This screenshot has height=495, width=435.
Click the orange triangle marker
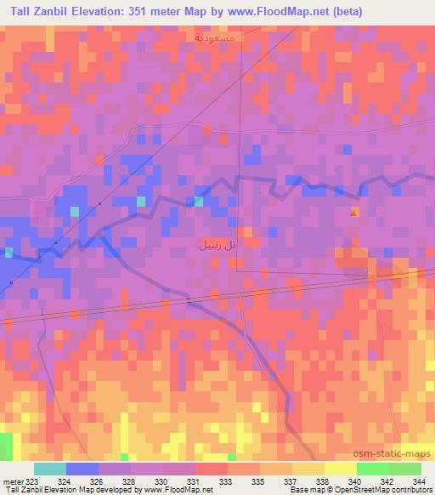354,213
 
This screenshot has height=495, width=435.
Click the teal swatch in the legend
50,469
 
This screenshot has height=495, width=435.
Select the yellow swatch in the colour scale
340,469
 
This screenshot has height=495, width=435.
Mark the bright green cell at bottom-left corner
6,446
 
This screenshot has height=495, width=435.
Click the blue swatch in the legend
82,469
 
